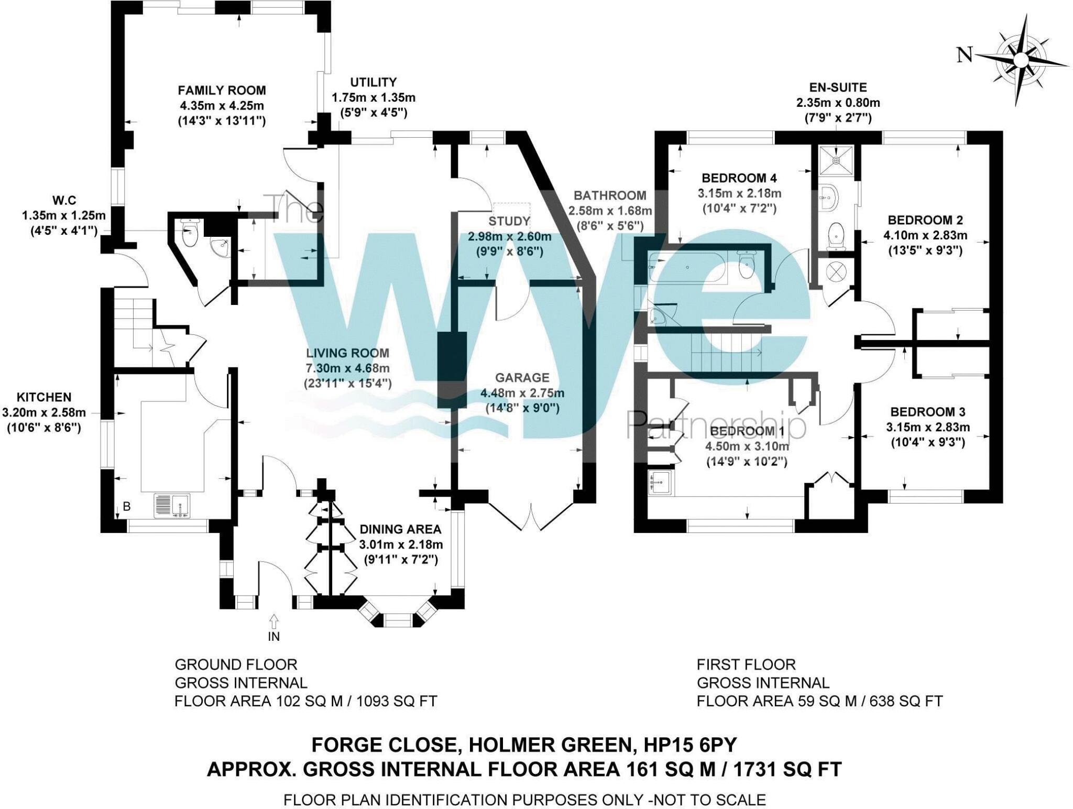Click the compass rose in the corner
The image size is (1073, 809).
tap(1020, 61)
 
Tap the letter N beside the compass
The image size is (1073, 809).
tap(965, 54)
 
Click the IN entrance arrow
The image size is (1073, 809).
tap(273, 622)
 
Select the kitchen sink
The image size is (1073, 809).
tap(173, 506)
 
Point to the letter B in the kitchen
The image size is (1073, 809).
tap(126, 506)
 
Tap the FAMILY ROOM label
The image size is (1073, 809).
tap(222, 90)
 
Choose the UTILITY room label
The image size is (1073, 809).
tap(373, 82)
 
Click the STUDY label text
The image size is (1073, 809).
tap(509, 221)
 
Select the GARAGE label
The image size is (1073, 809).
tap(522, 377)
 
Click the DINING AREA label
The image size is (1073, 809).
tap(400, 529)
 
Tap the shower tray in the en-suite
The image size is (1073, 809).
tap(836, 160)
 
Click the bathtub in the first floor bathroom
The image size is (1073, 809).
tap(687, 267)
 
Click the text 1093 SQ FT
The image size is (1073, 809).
tap(396, 701)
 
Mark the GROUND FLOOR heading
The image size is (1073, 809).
tap(236, 664)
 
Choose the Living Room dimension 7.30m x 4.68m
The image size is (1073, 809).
tap(347, 368)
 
